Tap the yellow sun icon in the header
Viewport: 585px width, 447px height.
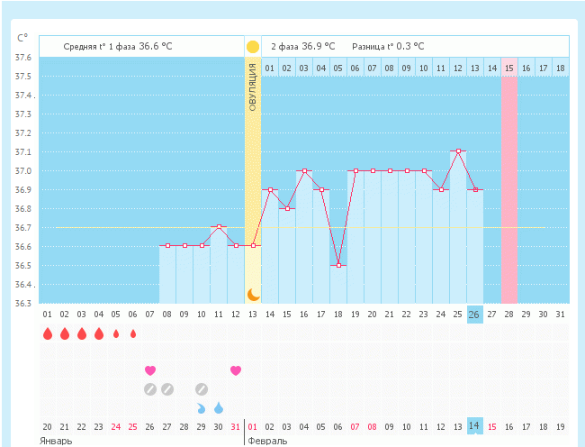coord(253,46)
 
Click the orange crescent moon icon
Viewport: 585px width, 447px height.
coord(253,294)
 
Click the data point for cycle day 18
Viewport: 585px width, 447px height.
coord(338,265)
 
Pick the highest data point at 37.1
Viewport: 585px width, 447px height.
coord(458,151)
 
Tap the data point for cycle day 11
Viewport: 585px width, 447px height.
coord(219,227)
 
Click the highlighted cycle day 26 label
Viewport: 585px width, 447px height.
coord(474,314)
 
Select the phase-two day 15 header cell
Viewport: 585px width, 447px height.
coord(509,68)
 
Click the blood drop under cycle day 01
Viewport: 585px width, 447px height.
coord(47,334)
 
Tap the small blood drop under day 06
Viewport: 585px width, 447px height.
coord(133,334)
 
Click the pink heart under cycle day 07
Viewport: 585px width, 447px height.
coord(150,370)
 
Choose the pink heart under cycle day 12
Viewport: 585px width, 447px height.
coord(236,370)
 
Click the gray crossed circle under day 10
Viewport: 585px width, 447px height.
coord(202,389)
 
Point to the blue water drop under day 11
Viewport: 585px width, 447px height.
coord(219,408)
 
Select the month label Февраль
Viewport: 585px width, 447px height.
coord(268,441)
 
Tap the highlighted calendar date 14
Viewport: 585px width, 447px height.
coord(474,426)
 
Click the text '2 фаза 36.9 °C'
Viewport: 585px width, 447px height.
coord(302,46)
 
